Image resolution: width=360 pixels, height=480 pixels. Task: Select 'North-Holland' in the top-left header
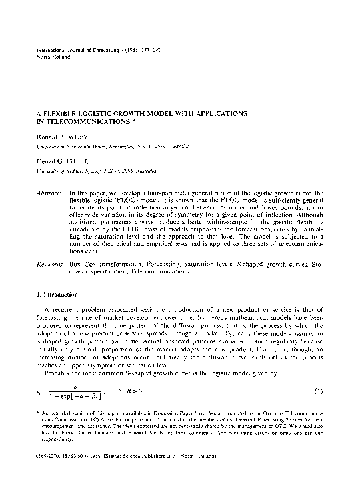(48, 57)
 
